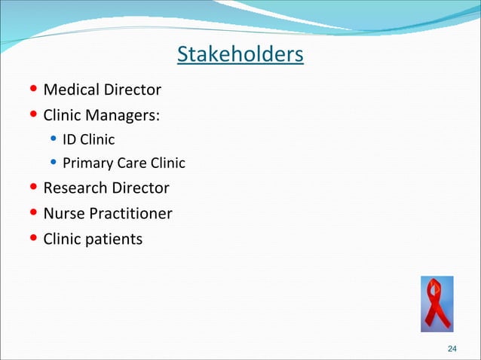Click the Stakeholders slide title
coord(240,54)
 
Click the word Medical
coord(70,90)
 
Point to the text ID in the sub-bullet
coord(69,139)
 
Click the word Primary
coord(86,163)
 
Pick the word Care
coord(128,163)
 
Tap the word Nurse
coord(64,214)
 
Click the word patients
coord(114,239)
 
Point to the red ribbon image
coord(437,303)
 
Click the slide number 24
coord(452,348)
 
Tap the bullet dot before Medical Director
coord(34,90)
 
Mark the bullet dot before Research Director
coord(34,188)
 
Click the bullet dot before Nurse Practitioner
coord(34,214)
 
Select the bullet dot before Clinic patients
coord(34,239)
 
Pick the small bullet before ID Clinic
coord(54,139)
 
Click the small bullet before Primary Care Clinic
coord(54,163)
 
